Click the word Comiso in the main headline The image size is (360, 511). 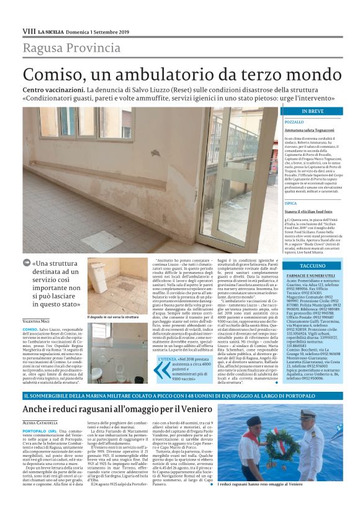tap(48, 75)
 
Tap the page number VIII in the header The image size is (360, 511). tap(29, 31)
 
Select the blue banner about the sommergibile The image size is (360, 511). tap(180, 396)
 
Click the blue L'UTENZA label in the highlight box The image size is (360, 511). tap(168, 359)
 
